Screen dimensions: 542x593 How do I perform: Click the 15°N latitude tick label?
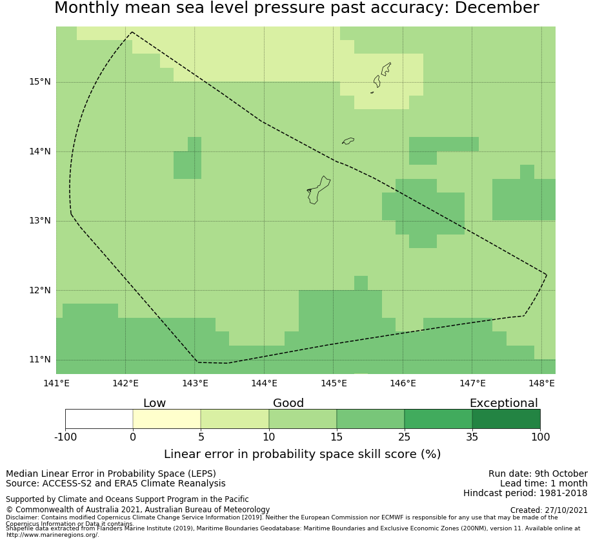coord(39,82)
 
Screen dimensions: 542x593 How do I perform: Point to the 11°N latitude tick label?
coord(39,360)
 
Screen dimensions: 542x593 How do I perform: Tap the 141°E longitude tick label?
coord(56,383)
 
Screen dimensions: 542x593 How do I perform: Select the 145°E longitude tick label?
coord(334,383)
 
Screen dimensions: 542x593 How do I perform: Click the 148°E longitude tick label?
coord(541,383)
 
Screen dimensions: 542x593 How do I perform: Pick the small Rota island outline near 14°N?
coord(348,141)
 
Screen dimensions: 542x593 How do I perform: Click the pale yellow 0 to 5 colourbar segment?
coord(166,419)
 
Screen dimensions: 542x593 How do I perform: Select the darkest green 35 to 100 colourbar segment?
coord(506,419)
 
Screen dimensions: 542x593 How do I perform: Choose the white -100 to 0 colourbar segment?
coord(99,419)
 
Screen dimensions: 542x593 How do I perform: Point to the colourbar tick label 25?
coord(404,437)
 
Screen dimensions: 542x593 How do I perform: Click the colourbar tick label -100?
coord(65,437)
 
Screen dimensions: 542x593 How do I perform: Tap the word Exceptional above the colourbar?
coord(503,403)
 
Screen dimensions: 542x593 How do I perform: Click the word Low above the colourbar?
coord(154,403)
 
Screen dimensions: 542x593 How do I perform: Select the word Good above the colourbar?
coord(288,403)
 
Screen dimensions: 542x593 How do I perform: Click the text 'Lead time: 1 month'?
coord(543,483)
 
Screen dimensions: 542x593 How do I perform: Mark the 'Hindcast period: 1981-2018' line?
coord(525,494)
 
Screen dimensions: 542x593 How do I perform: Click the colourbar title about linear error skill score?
coord(302,454)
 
